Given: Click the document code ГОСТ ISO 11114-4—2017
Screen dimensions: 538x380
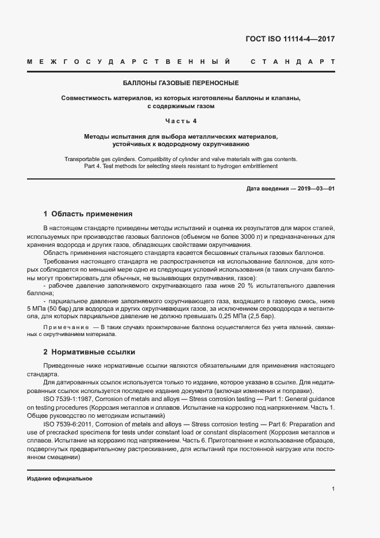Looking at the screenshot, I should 290,40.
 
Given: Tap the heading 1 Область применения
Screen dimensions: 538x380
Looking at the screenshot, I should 88,213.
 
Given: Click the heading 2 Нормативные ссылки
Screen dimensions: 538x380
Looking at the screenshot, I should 89,351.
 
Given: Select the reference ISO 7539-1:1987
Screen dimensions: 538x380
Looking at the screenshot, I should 68,398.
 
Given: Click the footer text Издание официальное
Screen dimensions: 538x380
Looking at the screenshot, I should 60,479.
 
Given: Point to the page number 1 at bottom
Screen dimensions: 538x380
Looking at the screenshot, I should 333,489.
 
